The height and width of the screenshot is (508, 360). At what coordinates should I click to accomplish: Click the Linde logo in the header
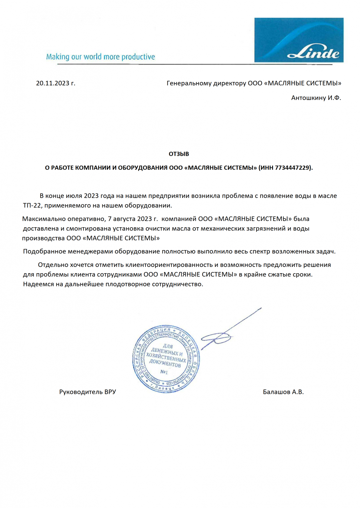299,40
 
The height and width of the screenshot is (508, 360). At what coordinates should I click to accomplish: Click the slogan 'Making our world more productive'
100,57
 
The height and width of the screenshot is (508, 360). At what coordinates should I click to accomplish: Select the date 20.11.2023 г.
55,83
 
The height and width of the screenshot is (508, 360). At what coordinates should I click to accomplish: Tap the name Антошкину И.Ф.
316,98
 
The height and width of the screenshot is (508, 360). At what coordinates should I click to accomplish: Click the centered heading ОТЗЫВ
179,154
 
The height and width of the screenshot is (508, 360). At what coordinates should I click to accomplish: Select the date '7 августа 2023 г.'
133,219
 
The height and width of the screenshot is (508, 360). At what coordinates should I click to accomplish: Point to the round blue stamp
166,358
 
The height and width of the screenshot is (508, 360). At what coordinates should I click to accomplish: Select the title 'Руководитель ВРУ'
87,392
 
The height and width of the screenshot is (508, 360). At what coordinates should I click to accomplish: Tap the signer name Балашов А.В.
283,392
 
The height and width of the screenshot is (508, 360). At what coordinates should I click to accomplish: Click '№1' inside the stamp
164,372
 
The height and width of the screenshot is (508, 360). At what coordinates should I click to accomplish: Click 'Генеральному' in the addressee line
189,83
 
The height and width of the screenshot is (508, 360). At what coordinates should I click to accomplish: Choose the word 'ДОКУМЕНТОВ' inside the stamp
165,364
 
